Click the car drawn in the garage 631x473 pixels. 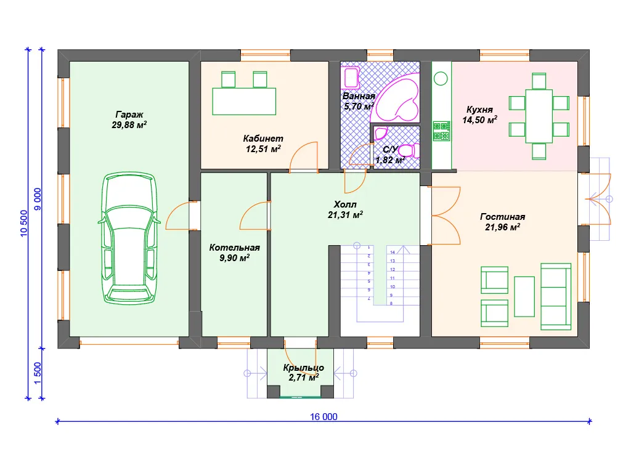tap(129, 238)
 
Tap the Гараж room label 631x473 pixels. tap(129, 115)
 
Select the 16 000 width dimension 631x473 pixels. tap(324, 417)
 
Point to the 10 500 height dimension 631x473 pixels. tap(24, 223)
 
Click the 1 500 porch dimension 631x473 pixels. tap(38, 373)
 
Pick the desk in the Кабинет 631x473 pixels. tap(244, 102)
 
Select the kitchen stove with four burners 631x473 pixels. tap(441, 131)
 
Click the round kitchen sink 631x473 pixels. tap(441, 78)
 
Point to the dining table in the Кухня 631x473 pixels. tap(539, 116)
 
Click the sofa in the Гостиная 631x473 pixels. tap(556, 297)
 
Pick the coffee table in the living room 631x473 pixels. tap(524, 296)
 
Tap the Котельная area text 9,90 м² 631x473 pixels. tap(235, 258)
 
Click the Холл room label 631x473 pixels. tap(345, 204)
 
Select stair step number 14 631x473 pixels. tap(393, 252)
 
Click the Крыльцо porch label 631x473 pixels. tap(303, 368)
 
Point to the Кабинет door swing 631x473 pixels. tap(304, 157)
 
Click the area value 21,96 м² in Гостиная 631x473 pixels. tap(502, 227)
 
